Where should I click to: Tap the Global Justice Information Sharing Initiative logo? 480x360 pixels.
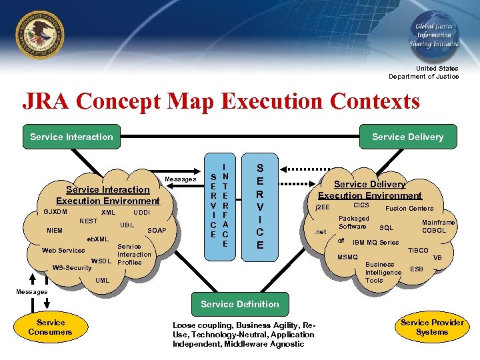pyautogui.click(x=434, y=31)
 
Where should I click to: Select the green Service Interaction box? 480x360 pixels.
pyautogui.click(x=72, y=137)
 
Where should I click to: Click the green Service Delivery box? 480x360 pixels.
pyautogui.click(x=407, y=137)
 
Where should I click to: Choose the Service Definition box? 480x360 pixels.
pyautogui.click(x=240, y=304)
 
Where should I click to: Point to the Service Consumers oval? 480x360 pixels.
pyautogui.click(x=51, y=327)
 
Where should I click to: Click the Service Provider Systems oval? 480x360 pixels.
pyautogui.click(x=432, y=327)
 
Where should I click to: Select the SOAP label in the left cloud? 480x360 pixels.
pyautogui.click(x=157, y=231)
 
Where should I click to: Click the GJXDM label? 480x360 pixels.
pyautogui.click(x=55, y=212)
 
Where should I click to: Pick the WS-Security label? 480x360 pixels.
pyautogui.click(x=71, y=268)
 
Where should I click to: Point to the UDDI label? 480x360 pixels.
pyautogui.click(x=141, y=212)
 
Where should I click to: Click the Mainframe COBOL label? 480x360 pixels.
pyautogui.click(x=438, y=227)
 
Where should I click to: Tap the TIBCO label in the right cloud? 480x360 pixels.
pyautogui.click(x=418, y=251)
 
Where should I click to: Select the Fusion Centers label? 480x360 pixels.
pyautogui.click(x=409, y=209)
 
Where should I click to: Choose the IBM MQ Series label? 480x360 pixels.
pyautogui.click(x=375, y=243)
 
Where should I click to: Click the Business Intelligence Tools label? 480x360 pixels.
pyautogui.click(x=383, y=272)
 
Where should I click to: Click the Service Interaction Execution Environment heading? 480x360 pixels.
pyautogui.click(x=108, y=195)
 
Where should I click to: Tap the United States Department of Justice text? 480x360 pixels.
pyautogui.click(x=424, y=72)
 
